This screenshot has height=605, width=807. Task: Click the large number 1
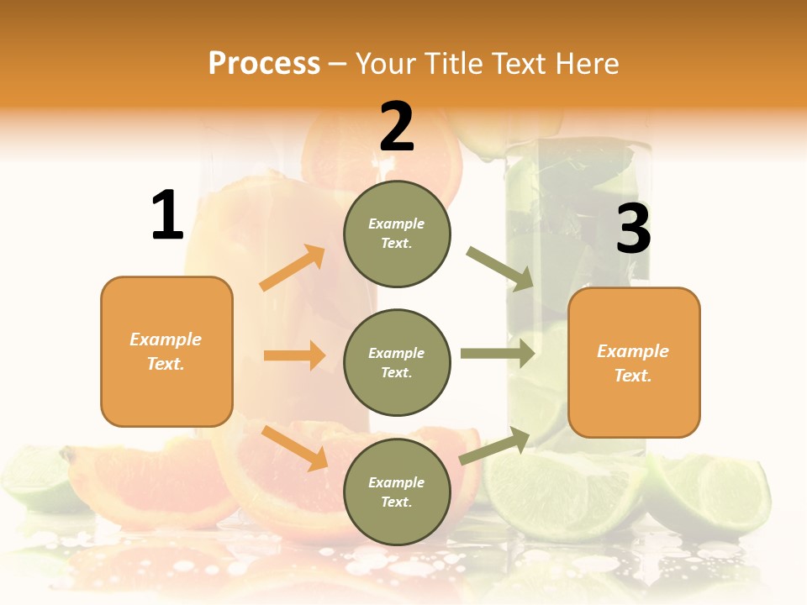(x=167, y=215)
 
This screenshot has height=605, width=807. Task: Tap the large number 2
(x=397, y=127)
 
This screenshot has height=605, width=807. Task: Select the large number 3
(x=633, y=229)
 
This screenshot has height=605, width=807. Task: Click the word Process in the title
(x=264, y=63)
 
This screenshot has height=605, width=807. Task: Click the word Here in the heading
(x=585, y=63)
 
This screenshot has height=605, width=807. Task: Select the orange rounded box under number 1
(x=166, y=351)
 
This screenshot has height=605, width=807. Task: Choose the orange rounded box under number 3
(x=634, y=362)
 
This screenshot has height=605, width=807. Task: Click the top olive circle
(x=397, y=234)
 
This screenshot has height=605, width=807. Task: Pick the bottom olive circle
(x=397, y=492)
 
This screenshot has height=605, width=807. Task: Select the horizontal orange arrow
(x=294, y=355)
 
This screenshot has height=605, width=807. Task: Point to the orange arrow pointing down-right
(x=295, y=448)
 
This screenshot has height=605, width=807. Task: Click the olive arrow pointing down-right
(x=500, y=268)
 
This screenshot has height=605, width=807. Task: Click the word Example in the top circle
(x=397, y=224)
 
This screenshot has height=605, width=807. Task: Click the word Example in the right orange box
(x=633, y=351)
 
